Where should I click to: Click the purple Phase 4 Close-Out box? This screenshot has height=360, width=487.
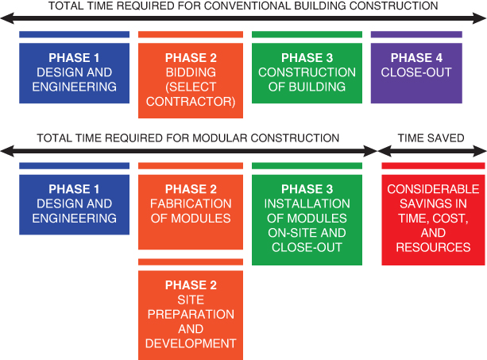click(416, 73)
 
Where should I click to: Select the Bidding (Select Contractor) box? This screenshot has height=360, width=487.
click(191, 80)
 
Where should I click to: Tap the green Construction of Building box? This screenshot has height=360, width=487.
click(307, 73)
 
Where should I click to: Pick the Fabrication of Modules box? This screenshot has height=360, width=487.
click(191, 212)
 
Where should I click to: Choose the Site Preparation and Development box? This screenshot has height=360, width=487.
click(191, 315)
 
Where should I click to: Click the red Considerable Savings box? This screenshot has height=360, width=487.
click(433, 220)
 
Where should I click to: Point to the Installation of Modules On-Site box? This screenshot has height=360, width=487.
click(307, 220)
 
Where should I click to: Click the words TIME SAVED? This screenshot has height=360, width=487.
click(431, 138)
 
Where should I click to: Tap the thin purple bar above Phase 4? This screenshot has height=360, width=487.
click(416, 34)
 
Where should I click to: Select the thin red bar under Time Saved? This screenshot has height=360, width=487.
click(433, 166)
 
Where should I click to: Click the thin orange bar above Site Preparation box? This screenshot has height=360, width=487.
click(191, 261)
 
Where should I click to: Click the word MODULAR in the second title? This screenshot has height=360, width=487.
click(217, 138)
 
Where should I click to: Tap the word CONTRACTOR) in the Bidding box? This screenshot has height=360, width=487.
click(191, 102)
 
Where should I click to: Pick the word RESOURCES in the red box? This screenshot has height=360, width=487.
click(433, 247)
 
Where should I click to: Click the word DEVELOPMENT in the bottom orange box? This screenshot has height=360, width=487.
click(191, 343)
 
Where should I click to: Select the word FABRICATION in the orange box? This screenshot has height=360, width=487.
click(191, 203)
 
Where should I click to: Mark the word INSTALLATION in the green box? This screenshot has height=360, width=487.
click(307, 203)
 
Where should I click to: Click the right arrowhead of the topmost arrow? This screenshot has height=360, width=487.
click(480, 18)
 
